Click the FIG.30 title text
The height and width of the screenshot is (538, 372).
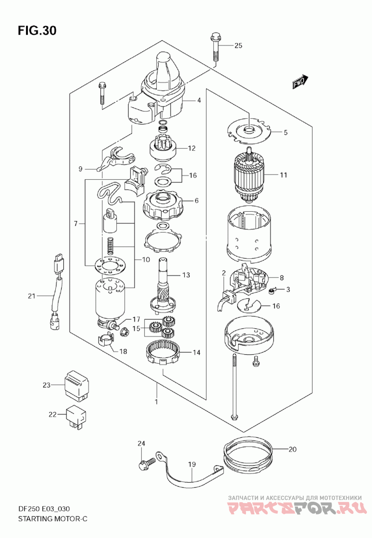[x=37, y=31]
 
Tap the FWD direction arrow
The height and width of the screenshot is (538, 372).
[x=300, y=82]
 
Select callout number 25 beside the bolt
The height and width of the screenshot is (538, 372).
[x=238, y=45]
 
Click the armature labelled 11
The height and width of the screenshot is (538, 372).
[x=250, y=175]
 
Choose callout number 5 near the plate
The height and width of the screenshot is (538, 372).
[x=286, y=132]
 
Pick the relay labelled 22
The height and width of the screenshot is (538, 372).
[x=76, y=415]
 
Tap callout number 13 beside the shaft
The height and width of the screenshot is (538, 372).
[x=186, y=275]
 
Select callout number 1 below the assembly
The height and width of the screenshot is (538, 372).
[x=156, y=402]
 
